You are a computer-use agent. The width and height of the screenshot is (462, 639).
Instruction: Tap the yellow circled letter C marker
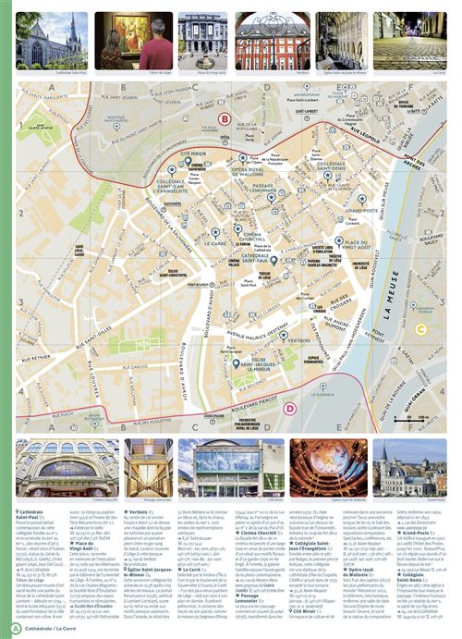coord(420,328)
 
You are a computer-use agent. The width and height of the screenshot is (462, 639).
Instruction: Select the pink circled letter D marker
coord(290,408)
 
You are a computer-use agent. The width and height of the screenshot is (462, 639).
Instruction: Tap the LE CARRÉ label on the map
coord(215,243)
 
